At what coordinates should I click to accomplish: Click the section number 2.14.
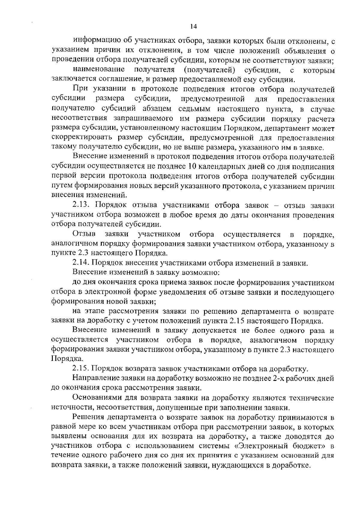[x=81, y=263]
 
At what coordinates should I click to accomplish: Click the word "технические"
[x=311, y=398]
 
